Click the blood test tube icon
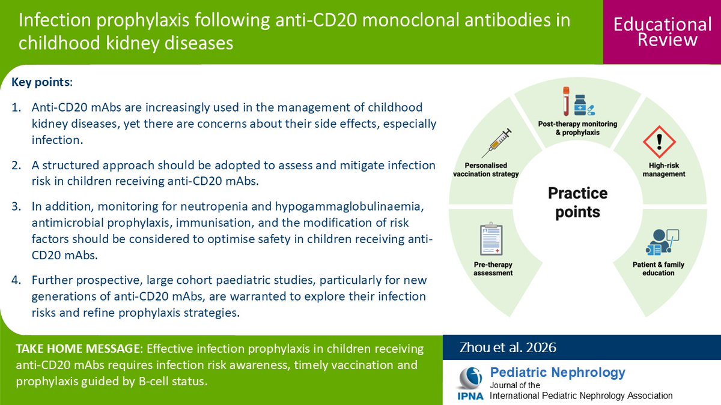tap(565, 101)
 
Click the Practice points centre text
tap(577, 202)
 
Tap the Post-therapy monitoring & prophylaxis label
tap(577, 128)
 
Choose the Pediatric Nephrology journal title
tap(558, 372)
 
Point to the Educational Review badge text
tap(662, 32)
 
